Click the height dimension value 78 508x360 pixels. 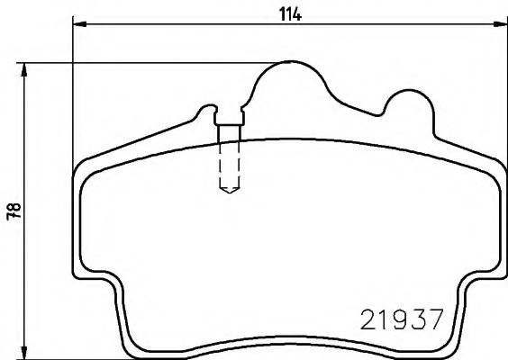coord(12,210)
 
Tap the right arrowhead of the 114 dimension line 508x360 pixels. coord(500,27)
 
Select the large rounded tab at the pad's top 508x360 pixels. coord(289,81)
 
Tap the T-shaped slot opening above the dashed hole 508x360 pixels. coord(229,116)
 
